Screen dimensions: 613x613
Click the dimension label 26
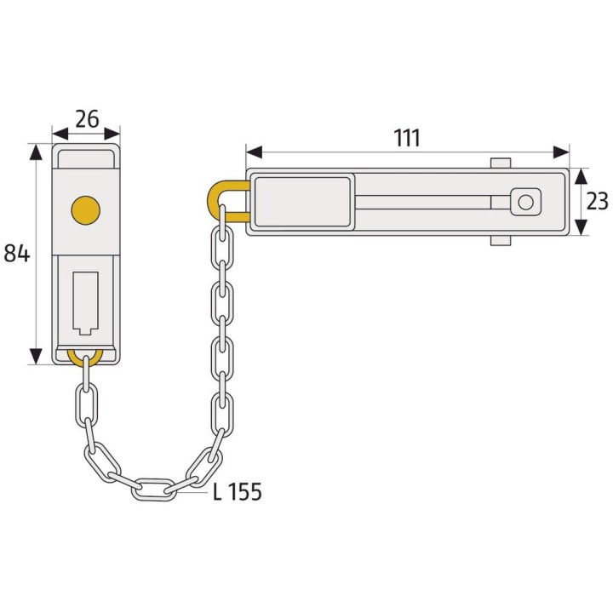coord(86,117)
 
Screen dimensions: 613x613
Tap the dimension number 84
coord(16,253)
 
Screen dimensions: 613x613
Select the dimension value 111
coord(407,137)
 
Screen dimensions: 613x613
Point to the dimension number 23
coord(598,202)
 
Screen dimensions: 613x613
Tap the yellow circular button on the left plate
coord(85,208)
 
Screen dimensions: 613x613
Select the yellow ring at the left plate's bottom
coord(85,357)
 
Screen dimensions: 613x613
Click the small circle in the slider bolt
coord(525,202)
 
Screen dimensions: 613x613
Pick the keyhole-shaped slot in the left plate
coord(86,301)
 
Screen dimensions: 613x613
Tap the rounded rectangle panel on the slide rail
coord(303,202)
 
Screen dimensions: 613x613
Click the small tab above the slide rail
coord(501,163)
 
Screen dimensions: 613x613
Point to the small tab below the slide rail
coord(501,241)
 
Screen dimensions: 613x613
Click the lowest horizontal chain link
coord(154,488)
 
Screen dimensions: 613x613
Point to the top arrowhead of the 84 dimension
coord(35,152)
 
